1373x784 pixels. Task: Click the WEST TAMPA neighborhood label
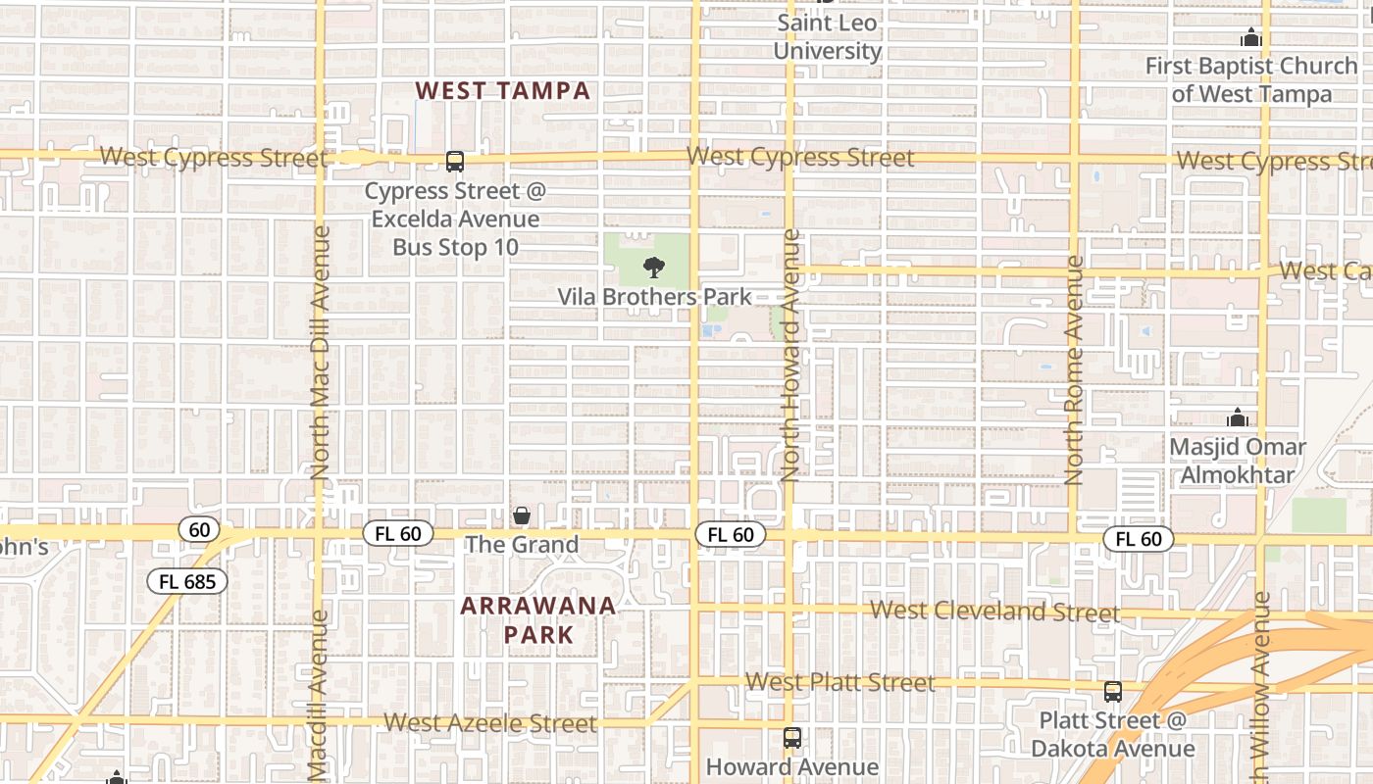click(x=502, y=91)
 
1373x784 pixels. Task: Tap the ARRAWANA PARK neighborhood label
click(x=538, y=619)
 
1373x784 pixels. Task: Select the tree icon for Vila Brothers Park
click(x=653, y=267)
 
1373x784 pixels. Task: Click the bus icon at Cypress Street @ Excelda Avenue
click(x=454, y=162)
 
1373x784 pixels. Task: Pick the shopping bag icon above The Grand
click(x=522, y=515)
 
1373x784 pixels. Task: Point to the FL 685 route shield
click(x=187, y=581)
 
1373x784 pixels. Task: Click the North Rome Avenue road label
click(x=1074, y=370)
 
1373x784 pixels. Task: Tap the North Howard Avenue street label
click(x=791, y=355)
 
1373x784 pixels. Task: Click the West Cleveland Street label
click(x=994, y=612)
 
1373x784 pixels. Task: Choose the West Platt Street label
click(x=840, y=682)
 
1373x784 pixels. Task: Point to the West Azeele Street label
click(x=489, y=723)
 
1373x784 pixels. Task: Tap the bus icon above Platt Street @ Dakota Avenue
click(x=1112, y=692)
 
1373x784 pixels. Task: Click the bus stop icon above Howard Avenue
click(x=791, y=738)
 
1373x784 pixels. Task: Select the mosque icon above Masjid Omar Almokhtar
click(x=1238, y=418)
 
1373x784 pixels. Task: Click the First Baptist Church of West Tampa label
click(x=1251, y=80)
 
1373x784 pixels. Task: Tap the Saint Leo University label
click(x=828, y=36)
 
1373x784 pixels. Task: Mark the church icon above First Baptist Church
click(x=1250, y=38)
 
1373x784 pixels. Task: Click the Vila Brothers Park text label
click(x=654, y=296)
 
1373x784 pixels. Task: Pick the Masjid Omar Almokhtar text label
click(x=1238, y=462)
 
